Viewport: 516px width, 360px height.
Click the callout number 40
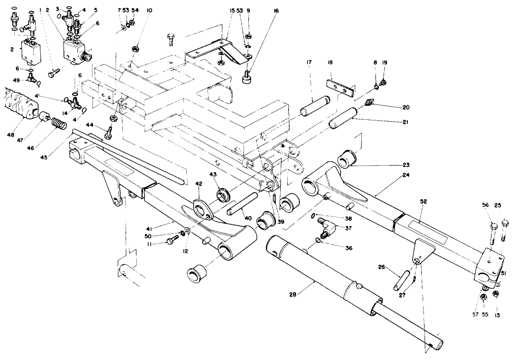pos(247,218)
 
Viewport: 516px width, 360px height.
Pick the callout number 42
pos(198,183)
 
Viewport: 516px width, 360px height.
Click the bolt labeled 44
pos(109,131)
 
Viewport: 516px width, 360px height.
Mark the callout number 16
pos(276,11)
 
